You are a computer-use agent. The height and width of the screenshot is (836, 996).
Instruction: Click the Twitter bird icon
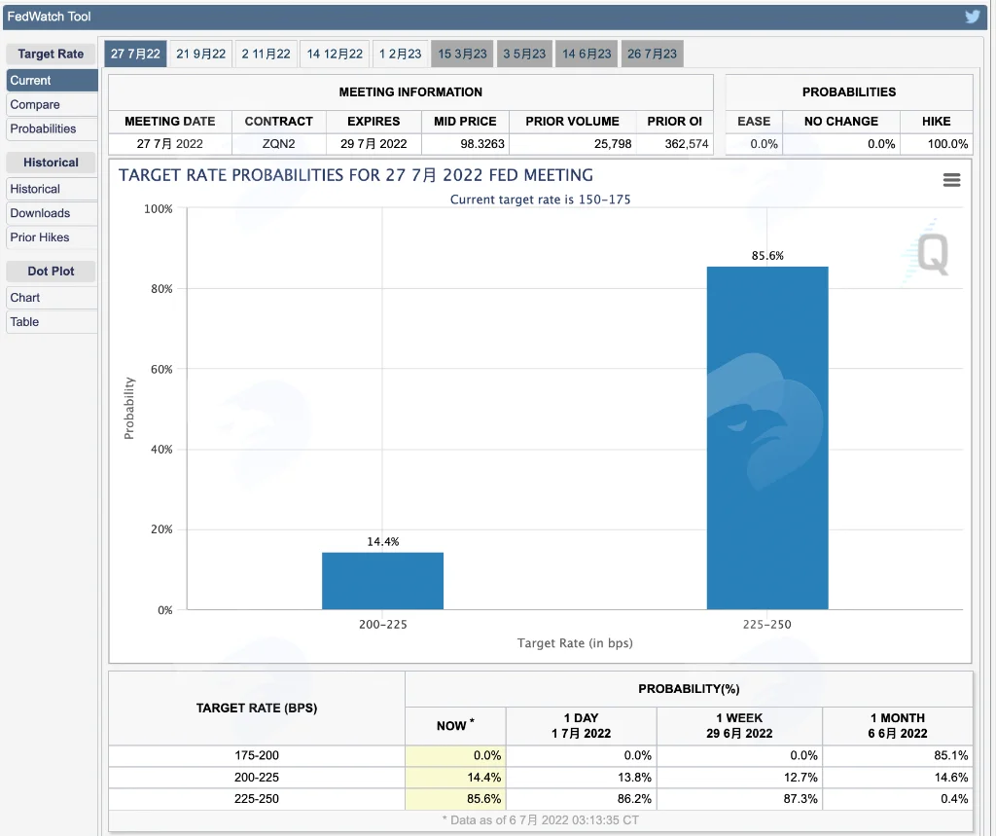point(972,17)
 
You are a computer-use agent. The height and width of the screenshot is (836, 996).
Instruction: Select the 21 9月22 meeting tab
point(200,55)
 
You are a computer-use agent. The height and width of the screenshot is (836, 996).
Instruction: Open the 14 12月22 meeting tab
point(335,55)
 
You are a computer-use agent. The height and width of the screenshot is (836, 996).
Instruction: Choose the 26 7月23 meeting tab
point(652,55)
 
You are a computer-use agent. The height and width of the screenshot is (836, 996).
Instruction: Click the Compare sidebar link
point(35,104)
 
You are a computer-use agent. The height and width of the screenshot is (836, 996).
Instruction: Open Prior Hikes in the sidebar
point(39,237)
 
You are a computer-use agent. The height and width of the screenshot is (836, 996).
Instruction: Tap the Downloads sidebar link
point(40,213)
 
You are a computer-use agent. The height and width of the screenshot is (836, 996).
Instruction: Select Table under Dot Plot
point(24,322)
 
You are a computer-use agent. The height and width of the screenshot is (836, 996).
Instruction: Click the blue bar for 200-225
point(382,581)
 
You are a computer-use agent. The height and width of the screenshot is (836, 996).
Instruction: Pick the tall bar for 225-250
point(767,438)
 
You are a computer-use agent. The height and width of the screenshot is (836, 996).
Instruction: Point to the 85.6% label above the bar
point(767,256)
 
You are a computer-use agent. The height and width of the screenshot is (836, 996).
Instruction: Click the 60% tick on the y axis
point(161,370)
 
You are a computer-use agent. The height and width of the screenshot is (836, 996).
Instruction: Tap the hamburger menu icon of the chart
point(951,180)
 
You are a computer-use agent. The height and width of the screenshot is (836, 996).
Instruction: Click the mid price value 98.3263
point(482,144)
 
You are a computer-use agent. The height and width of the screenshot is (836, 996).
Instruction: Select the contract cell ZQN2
point(279,144)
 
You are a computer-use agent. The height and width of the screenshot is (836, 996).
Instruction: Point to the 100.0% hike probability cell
point(947,144)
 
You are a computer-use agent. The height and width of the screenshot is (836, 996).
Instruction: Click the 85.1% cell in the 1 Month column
point(951,755)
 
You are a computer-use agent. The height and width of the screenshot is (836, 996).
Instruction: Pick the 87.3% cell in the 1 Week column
point(800,798)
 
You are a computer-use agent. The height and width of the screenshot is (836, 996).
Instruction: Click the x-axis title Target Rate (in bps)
point(575,643)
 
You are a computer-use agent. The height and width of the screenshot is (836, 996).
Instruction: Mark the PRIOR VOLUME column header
point(572,122)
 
